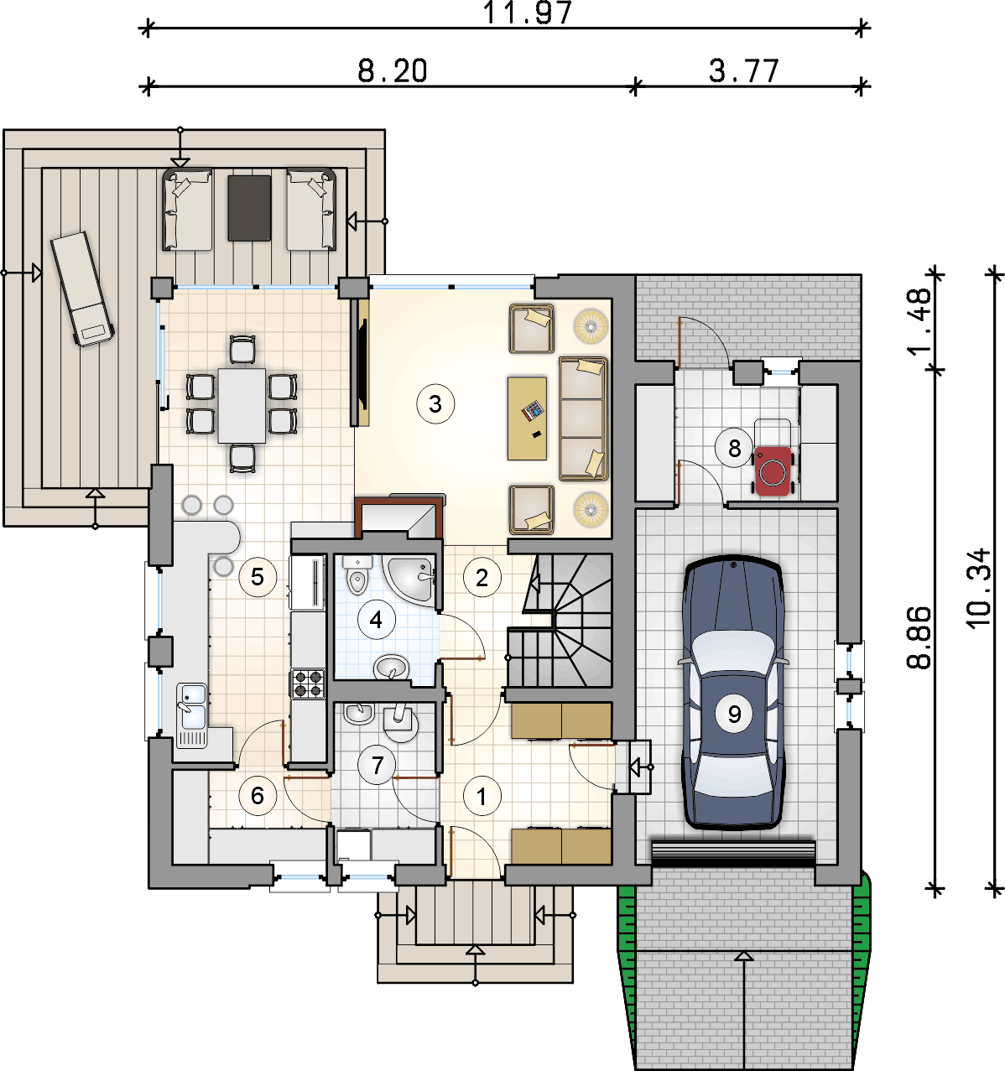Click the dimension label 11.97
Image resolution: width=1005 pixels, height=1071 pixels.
point(527,13)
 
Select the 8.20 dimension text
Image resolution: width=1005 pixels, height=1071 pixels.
point(392,70)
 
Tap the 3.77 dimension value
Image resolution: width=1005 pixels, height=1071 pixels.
point(744,70)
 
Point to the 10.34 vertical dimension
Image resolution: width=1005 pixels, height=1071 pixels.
point(978,587)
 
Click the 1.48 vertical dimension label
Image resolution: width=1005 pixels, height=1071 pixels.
point(918,321)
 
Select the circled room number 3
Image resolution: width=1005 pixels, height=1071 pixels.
point(435,404)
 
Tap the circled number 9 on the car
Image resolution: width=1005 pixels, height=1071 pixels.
point(734,714)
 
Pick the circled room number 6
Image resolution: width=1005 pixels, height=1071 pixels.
point(258,796)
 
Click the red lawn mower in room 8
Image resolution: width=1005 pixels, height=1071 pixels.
point(773,471)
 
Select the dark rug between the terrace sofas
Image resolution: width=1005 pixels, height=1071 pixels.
point(248,208)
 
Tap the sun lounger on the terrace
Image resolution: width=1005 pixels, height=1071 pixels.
point(82,289)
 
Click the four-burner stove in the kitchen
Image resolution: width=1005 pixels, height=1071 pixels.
point(308,684)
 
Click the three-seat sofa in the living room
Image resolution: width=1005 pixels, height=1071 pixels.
point(583,419)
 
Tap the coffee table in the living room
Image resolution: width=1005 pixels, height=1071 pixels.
point(527,419)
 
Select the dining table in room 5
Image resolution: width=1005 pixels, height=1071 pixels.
point(242,405)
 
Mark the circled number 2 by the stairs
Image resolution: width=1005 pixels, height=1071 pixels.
point(482,578)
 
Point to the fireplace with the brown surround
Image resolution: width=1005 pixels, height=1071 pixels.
point(398,517)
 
